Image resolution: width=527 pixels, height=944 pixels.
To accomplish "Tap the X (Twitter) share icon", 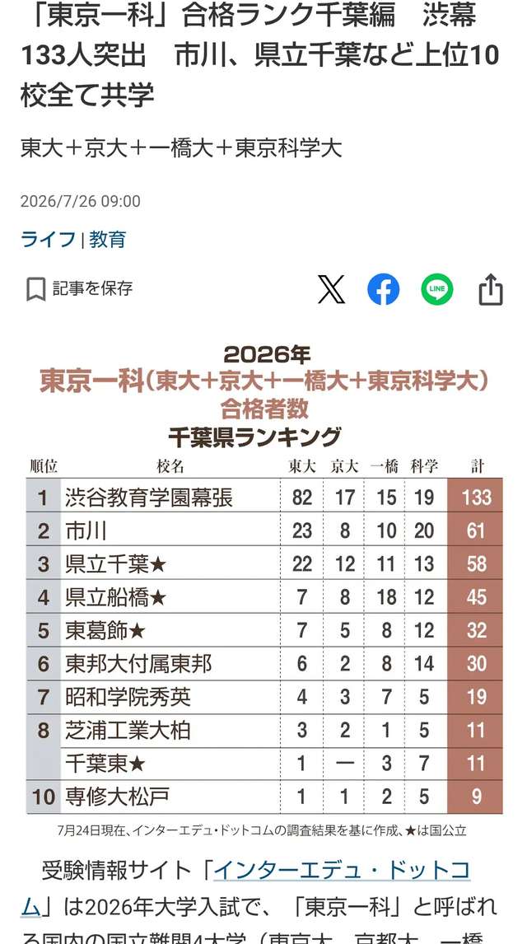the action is coord(331,290).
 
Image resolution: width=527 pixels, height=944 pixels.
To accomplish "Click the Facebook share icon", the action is coord(383,290).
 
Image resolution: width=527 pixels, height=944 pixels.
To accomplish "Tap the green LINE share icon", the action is coord(436,290).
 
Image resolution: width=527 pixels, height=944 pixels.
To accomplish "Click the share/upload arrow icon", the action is coord(490,290).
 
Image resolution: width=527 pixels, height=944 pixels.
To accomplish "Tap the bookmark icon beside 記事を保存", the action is coord(36,290).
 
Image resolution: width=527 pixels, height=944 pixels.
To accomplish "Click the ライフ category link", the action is coord(48,240).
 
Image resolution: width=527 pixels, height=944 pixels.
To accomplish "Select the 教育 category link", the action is coord(108,240).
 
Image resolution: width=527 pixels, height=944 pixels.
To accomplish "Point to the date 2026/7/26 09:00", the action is coord(81,201).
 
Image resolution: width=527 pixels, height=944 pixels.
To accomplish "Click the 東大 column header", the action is coord(301,466).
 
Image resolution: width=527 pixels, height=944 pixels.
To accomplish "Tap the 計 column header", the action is coord(477,466).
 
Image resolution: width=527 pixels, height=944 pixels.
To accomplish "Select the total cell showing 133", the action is coord(477,498).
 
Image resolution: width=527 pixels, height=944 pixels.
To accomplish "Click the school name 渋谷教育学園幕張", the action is coord(148,498).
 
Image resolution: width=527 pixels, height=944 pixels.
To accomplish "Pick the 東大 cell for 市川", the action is coord(302,530).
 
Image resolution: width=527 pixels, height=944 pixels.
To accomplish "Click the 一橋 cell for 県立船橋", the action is coord(386,597).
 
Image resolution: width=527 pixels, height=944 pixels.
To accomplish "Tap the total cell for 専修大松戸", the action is coord(477,797).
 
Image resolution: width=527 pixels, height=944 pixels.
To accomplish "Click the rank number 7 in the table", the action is coord(43,697).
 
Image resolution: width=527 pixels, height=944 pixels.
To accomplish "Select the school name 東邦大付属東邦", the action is coord(138,664).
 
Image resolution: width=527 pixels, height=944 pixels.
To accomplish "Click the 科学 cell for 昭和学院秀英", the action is coord(424,697).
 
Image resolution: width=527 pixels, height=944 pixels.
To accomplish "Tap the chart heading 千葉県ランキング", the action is coord(254,437).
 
